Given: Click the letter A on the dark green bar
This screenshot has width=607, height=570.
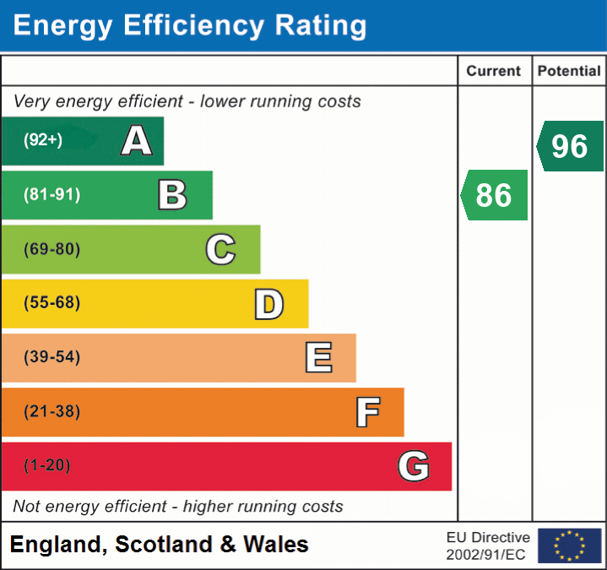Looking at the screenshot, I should tap(137, 140).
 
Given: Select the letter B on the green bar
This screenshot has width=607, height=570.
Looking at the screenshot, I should tap(172, 195).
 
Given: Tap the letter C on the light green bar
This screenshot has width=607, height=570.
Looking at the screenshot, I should tap(220, 249).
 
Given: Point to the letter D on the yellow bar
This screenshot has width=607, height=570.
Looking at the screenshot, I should tap(268, 304).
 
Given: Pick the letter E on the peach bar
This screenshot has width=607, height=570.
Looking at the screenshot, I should tap(318, 358).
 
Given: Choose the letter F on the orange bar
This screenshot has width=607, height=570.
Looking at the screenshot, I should tap(367, 412).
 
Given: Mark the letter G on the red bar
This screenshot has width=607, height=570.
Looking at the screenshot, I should tap(414, 466).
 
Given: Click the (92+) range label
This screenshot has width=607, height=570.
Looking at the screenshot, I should tap(43, 140).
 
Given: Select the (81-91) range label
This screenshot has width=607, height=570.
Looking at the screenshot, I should tap(51, 195).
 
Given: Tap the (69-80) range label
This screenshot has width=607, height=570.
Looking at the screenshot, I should tap(51, 249).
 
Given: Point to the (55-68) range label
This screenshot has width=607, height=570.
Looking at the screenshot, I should tap(51, 303).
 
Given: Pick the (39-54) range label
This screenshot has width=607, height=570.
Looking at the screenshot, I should tap(51, 357).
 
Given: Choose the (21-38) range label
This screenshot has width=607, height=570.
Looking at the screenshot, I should tap(51, 412).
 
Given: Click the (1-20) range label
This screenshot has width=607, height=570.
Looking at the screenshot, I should tap(47, 466).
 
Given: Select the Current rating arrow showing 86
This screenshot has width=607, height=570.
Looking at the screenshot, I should tap(495, 195).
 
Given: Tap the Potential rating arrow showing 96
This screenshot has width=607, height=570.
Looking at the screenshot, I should tap(571, 146).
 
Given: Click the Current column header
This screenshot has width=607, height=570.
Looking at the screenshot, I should tap(494, 72).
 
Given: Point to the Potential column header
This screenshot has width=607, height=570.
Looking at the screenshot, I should tap(569, 72).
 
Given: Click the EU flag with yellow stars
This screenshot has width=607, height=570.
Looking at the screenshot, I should tap(569, 546).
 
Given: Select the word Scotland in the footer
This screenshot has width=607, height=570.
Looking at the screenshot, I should tap(165, 545).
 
